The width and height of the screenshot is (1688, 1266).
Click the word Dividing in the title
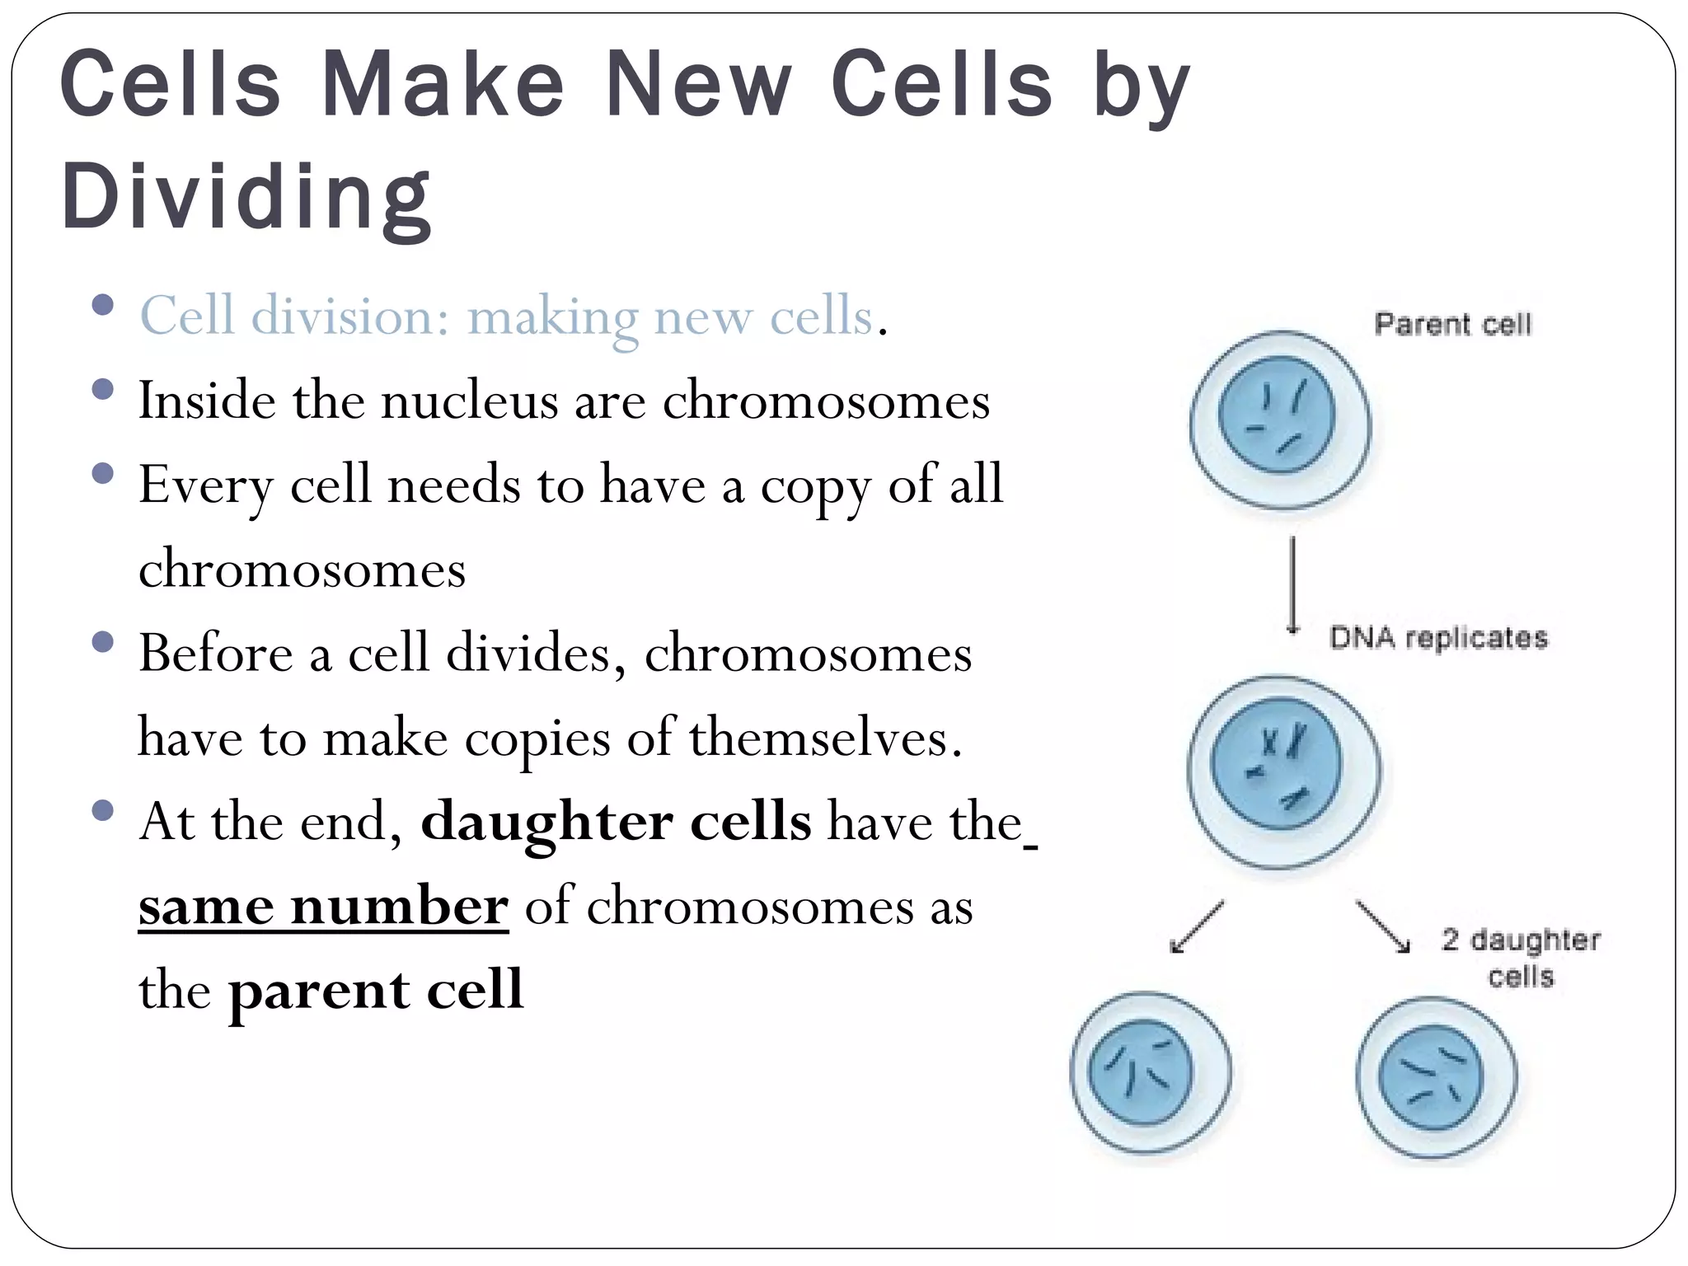[246, 197]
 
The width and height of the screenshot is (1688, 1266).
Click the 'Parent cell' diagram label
[1452, 324]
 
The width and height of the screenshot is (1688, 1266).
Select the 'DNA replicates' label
[1438, 638]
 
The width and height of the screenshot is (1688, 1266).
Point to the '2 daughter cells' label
[1521, 958]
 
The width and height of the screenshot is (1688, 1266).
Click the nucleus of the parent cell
[1277, 415]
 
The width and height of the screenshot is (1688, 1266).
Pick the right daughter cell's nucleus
[1432, 1076]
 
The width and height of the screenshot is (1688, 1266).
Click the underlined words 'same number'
[323, 907]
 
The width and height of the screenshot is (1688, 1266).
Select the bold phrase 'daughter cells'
[616, 822]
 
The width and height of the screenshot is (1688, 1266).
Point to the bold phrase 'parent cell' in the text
[376, 990]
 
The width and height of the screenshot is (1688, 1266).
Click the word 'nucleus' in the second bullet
[470, 401]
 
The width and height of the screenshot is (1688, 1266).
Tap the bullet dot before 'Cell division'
[103, 307]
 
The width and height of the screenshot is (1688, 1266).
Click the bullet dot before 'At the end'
[103, 811]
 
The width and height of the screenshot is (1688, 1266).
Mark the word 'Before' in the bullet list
[215, 653]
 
